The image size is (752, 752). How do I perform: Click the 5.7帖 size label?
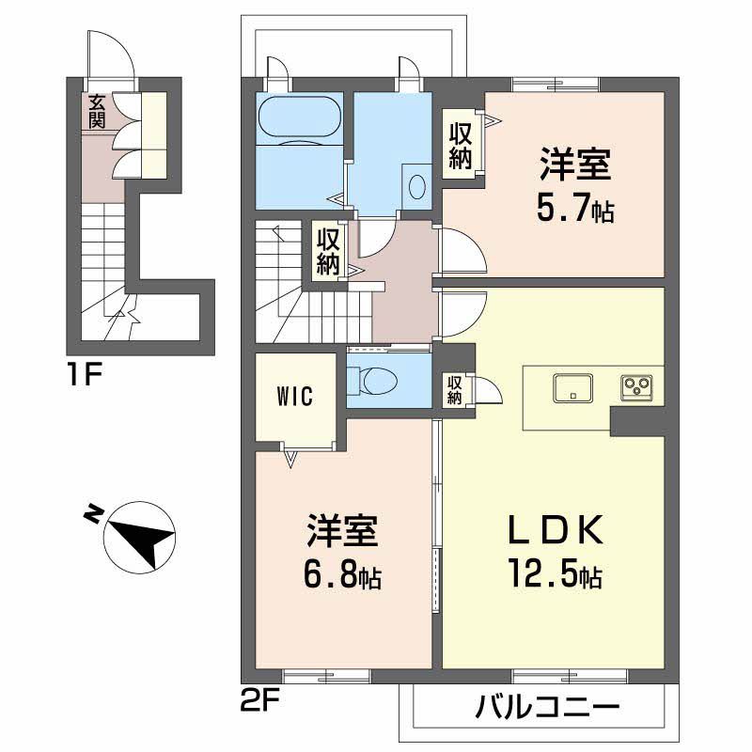(x=575, y=211)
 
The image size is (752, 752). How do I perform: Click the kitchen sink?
(x=572, y=386)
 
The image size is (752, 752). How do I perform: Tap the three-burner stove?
(x=635, y=386)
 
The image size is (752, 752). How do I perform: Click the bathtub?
(x=300, y=119)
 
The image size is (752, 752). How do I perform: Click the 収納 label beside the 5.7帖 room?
(x=459, y=146)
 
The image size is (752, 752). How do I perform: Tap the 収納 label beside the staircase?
(x=327, y=251)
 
